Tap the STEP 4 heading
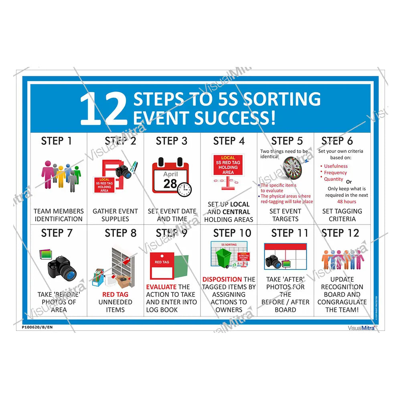pyautogui.click(x=229, y=141)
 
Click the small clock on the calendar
pyautogui.click(x=184, y=189)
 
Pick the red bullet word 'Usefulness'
pyautogui.click(x=336, y=166)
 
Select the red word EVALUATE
pyautogui.click(x=161, y=287)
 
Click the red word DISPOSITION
pyautogui.click(x=222, y=279)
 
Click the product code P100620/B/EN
pyautogui.click(x=35, y=327)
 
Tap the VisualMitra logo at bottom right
pyautogui.click(x=361, y=327)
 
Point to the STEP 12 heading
pyautogui.click(x=340, y=233)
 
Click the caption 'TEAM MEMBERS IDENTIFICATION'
pyautogui.click(x=59, y=215)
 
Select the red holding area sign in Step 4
pyautogui.click(x=228, y=164)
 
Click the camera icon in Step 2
pyautogui.click(x=124, y=172)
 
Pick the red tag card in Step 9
pyautogui.click(x=162, y=266)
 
